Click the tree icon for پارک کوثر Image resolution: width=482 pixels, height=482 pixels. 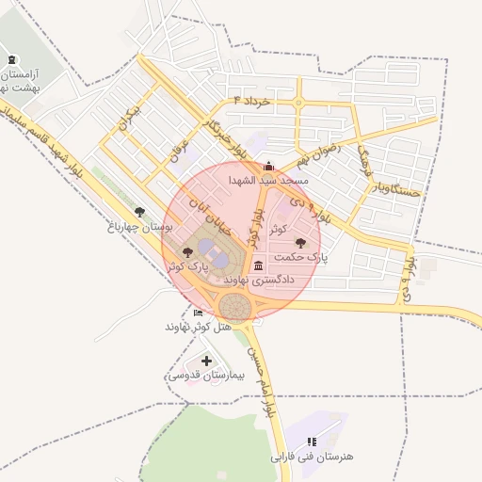[x=188, y=252]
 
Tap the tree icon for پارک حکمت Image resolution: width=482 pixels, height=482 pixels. [x=300, y=243]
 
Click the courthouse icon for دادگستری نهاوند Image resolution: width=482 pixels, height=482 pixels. [x=258, y=267]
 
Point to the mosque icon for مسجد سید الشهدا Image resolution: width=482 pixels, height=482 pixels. [x=268, y=165]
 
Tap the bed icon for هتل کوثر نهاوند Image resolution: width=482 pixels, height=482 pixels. [x=198, y=313]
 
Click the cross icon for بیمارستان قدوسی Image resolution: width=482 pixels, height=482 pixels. [x=206, y=361]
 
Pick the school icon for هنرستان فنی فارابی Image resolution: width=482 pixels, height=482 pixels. [x=312, y=441]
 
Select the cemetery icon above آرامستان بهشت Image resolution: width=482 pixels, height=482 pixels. [x=12, y=60]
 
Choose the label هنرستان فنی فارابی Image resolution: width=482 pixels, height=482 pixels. [x=312, y=457]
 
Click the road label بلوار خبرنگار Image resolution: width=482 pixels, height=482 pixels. [x=227, y=137]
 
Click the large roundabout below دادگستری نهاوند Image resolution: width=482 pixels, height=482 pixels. [x=235, y=305]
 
